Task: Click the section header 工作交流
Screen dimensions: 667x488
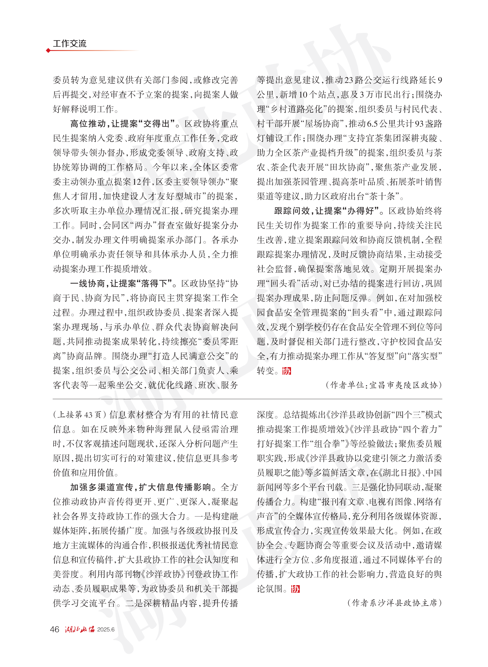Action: (x=70, y=44)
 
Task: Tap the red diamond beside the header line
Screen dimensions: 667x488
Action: (x=48, y=51)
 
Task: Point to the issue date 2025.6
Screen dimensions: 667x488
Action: (x=106, y=629)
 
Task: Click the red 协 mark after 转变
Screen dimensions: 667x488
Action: (x=287, y=371)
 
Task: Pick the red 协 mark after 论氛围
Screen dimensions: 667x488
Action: (x=295, y=589)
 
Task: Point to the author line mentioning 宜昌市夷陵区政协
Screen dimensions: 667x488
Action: (x=384, y=385)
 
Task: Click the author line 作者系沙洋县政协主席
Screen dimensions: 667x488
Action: (x=394, y=603)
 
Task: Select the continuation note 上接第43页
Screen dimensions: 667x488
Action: (x=79, y=415)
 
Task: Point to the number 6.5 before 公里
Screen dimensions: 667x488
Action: (x=372, y=124)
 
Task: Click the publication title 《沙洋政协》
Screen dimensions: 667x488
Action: (x=164, y=574)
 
